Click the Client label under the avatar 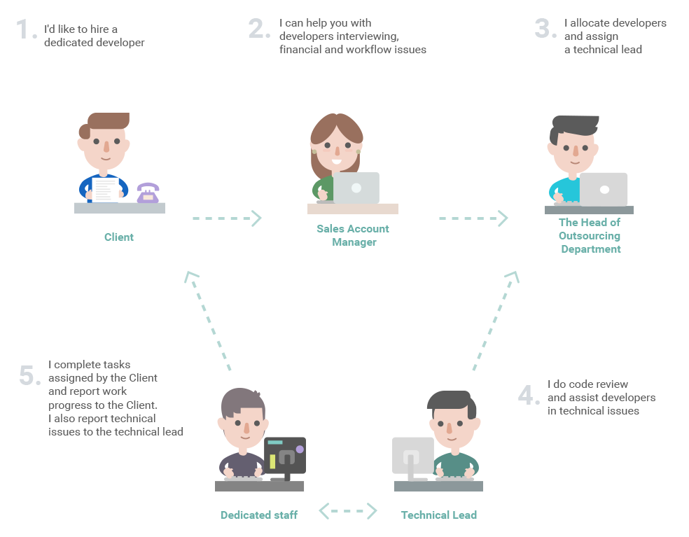[x=119, y=237]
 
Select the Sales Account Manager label [x=353, y=235]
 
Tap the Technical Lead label [x=438, y=515]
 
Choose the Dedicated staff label [x=259, y=515]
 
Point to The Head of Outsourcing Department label [x=590, y=235]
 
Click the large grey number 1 [x=25, y=29]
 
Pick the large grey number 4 [x=528, y=396]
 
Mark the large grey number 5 [x=31, y=377]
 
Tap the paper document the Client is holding [x=105, y=189]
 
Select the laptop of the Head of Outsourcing [x=604, y=189]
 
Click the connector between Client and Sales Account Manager [x=228, y=218]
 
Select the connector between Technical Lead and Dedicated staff [x=347, y=510]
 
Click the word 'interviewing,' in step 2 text [x=370, y=36]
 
